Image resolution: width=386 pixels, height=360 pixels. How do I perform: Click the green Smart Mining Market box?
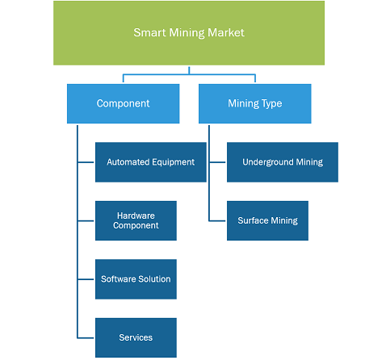pos(189,33)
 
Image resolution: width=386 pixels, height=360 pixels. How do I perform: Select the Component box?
pos(123,103)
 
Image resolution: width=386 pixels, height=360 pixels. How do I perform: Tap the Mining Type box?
pos(255,103)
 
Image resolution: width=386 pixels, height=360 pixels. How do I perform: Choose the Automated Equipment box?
pos(151,162)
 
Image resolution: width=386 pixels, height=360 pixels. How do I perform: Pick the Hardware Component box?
pos(136,220)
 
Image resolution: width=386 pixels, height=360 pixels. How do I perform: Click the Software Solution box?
pos(136,279)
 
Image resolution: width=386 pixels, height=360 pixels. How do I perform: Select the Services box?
pos(136,337)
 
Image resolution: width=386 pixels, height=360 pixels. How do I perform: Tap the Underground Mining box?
pos(283,162)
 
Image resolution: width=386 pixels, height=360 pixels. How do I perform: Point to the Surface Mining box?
pos(267,220)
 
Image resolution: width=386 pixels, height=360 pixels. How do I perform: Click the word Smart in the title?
pos(149,32)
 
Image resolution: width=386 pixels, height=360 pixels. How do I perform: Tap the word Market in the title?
pos(226,32)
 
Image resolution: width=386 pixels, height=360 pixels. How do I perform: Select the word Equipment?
pos(173,162)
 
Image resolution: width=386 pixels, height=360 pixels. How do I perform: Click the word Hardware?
pos(136,216)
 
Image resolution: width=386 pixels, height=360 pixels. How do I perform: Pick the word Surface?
pos(253,220)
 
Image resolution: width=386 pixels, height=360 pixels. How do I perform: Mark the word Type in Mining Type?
pos(271,104)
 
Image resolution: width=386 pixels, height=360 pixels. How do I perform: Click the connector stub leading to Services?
pos(86,337)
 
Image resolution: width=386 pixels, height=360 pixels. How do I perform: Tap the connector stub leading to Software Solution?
pos(86,279)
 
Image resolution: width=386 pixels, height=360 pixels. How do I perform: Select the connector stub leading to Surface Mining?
pos(217,221)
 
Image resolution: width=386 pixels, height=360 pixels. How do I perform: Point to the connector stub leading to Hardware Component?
pos(86,221)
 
